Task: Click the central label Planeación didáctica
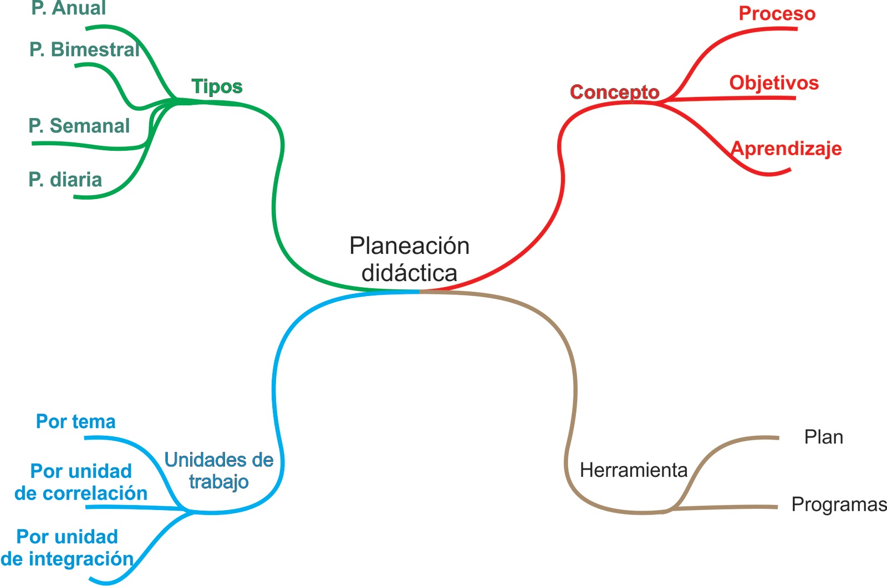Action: click(x=409, y=259)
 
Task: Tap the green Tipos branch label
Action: click(x=217, y=86)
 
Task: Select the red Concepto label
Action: click(x=614, y=92)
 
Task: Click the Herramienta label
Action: click(x=633, y=470)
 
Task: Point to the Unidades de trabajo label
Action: click(x=219, y=471)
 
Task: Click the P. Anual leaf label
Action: click(x=69, y=8)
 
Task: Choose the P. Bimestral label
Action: click(x=84, y=50)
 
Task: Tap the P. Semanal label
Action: click(x=79, y=126)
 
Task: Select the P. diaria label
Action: click(x=65, y=180)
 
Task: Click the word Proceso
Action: click(x=777, y=13)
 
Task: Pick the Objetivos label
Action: click(x=774, y=83)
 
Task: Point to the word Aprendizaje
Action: click(x=786, y=149)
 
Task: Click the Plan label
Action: click(x=823, y=437)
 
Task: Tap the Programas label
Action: click(x=838, y=505)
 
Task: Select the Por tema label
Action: click(x=76, y=421)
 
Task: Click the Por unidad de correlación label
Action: click(x=81, y=482)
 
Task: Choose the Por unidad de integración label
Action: click(x=67, y=547)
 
